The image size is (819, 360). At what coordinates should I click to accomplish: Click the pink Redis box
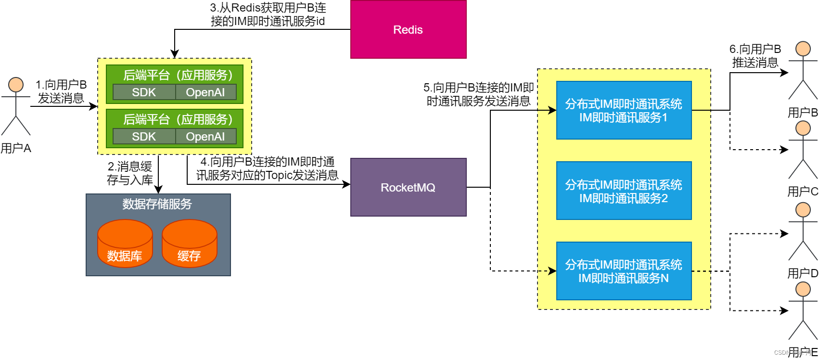click(x=408, y=29)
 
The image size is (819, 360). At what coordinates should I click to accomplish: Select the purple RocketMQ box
click(x=408, y=187)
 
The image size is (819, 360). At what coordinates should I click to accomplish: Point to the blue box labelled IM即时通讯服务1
click(x=624, y=110)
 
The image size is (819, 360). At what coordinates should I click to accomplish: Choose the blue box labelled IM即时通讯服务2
click(x=624, y=191)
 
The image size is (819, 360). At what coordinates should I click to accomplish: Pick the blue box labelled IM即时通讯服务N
click(x=624, y=271)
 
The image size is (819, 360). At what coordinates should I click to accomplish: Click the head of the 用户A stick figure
click(x=16, y=85)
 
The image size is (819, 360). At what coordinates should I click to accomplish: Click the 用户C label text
click(x=802, y=192)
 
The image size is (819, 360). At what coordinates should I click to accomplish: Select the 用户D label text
click(x=802, y=273)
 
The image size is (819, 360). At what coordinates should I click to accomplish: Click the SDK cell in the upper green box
click(x=144, y=92)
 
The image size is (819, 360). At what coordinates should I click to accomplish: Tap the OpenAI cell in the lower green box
click(x=205, y=137)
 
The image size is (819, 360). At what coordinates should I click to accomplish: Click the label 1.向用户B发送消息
click(x=61, y=91)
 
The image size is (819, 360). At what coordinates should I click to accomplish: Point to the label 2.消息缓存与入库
click(x=130, y=173)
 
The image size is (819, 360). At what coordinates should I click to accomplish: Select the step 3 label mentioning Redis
click(x=268, y=14)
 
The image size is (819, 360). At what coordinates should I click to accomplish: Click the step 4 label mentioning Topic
click(x=268, y=168)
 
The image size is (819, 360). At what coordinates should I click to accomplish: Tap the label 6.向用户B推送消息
click(x=755, y=56)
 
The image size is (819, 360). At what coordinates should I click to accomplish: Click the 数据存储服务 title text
click(x=157, y=204)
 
